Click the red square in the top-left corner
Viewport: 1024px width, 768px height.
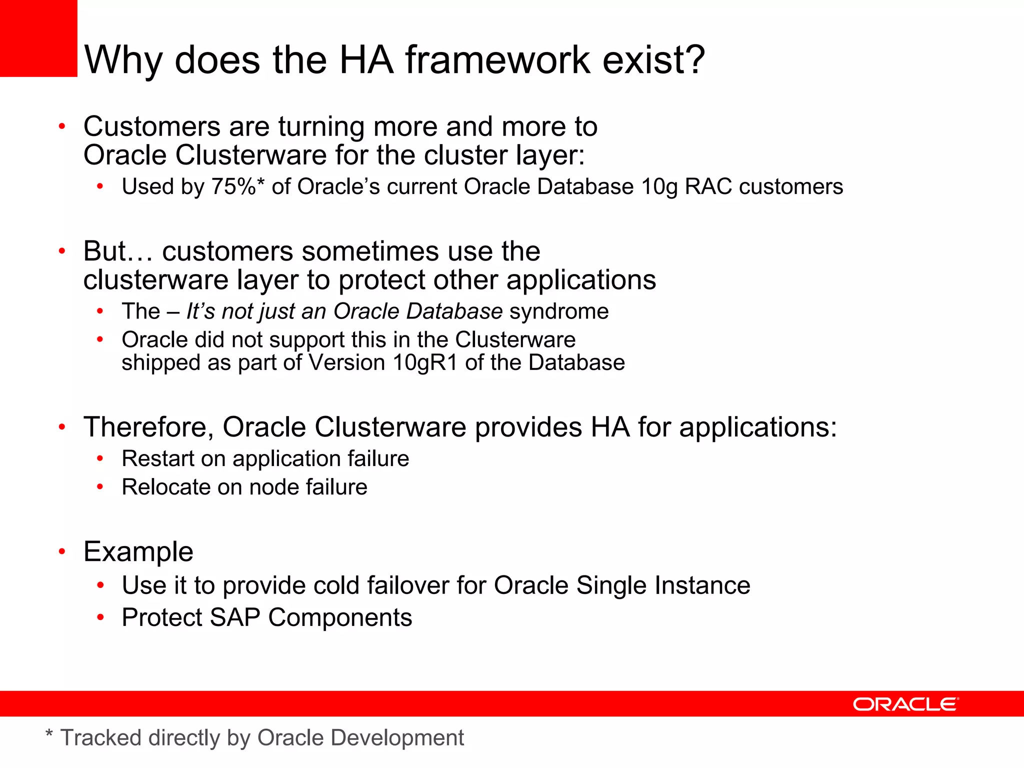[38, 38]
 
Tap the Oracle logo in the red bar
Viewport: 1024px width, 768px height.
[905, 704]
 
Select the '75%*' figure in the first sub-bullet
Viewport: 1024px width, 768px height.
[238, 187]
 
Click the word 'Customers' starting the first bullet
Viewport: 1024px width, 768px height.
[151, 126]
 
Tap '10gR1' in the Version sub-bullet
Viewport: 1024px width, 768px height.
[425, 363]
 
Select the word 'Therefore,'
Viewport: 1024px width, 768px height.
[148, 427]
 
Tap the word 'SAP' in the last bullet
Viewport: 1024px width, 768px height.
[235, 617]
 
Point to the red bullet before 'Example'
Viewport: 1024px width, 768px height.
[62, 551]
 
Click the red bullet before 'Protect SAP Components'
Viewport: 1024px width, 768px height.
[100, 617]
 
